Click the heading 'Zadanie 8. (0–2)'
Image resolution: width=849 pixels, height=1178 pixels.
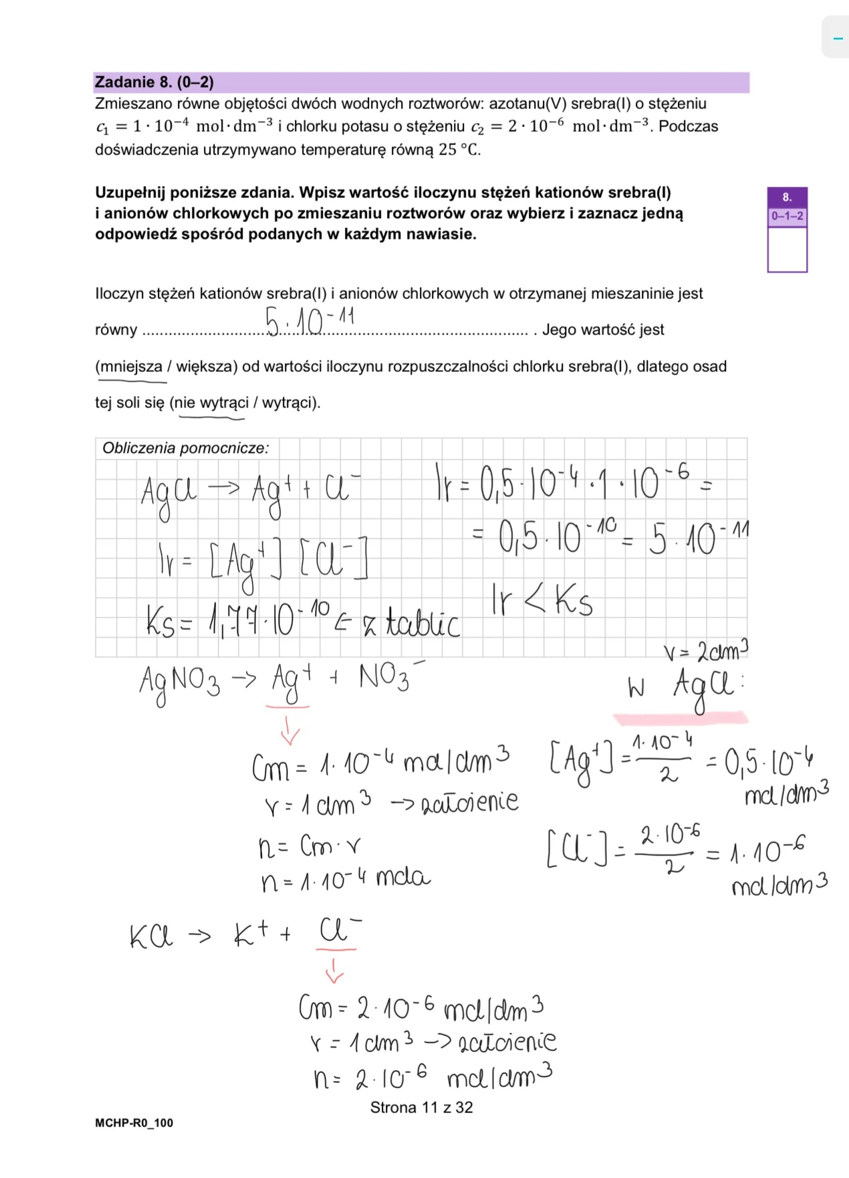coord(154,82)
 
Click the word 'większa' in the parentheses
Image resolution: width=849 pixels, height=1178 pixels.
coord(202,367)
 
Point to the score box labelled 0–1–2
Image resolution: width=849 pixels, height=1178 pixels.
coord(787,216)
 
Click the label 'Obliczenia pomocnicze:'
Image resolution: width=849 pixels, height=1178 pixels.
coord(185,448)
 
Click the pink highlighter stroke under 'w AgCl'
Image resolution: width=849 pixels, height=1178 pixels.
coord(680,718)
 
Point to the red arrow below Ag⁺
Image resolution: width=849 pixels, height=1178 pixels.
coord(289,730)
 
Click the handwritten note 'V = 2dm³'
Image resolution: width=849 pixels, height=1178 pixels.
coord(705,650)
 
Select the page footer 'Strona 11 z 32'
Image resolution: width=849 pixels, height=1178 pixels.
coord(421,1108)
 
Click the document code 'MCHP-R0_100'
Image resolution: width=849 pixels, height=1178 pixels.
coord(134,1123)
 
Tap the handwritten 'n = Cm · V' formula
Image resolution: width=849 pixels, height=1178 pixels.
coord(309,848)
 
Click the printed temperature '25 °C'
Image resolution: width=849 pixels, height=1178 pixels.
coord(459,149)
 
